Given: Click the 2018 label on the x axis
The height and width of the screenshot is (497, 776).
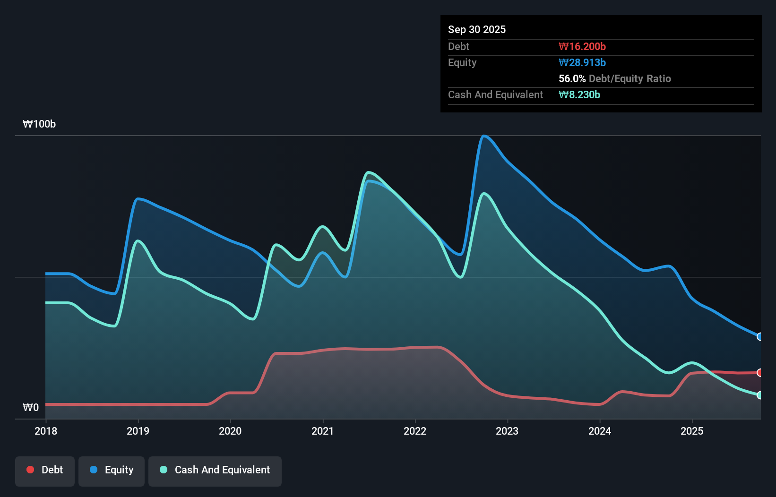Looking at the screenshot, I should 46,431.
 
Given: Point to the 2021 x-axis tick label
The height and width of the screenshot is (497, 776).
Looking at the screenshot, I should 322,431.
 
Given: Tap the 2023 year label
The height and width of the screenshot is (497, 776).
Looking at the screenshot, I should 507,431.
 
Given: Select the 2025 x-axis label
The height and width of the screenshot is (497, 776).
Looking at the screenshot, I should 692,431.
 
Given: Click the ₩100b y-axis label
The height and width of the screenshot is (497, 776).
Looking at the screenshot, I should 39,124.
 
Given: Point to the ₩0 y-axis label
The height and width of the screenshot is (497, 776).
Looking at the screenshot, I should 31,407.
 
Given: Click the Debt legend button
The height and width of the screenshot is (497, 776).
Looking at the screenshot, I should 45,470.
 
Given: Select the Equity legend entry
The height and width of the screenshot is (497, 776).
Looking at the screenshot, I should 112,470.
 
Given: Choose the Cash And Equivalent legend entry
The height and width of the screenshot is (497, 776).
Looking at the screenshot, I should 215,470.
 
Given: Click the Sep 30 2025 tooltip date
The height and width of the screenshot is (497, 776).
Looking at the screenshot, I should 477,29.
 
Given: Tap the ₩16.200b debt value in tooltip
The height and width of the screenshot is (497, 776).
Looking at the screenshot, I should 582,46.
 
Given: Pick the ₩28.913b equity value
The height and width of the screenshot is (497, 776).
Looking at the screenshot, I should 582,62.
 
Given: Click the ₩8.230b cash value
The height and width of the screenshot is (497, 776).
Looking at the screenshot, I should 579,94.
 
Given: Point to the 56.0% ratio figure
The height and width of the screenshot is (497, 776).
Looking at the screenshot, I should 572,78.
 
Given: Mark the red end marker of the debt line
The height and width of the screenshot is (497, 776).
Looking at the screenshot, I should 759,373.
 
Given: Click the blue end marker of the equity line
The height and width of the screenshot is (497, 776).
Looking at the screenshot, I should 759,337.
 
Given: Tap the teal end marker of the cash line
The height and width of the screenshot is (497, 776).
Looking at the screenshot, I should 759,395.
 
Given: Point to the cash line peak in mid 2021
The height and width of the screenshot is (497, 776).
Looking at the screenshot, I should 369,172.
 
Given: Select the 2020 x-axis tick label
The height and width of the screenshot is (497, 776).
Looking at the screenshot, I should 230,431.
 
